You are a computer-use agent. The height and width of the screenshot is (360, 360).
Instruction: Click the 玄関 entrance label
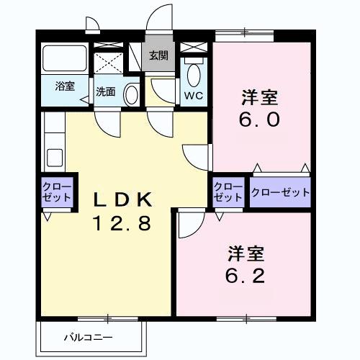tap(159, 55)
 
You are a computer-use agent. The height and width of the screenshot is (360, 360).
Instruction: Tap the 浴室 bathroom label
tap(65, 86)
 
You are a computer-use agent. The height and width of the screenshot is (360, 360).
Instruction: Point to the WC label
tap(193, 95)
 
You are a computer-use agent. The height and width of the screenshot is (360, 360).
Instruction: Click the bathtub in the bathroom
tap(65, 58)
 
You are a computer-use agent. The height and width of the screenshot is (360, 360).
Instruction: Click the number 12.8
tap(120, 223)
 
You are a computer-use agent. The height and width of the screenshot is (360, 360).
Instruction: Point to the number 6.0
tap(260, 120)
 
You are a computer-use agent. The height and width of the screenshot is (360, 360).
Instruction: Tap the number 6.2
tap(246, 275)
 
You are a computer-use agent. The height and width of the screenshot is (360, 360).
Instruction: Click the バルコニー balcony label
tap(87, 336)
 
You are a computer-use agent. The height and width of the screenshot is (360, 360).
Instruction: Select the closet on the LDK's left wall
tap(56, 192)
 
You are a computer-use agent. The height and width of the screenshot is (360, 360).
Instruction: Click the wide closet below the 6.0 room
tap(281, 192)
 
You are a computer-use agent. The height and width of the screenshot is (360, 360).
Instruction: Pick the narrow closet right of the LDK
tap(228, 192)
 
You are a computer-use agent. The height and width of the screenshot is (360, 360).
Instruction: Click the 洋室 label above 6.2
tap(246, 253)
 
